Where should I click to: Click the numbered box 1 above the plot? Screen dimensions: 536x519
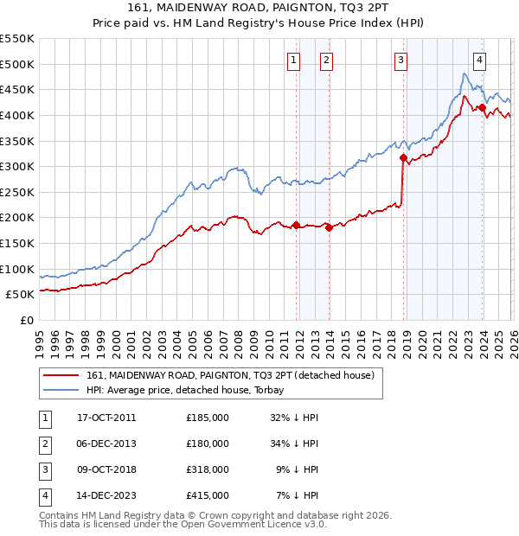[x=294, y=60]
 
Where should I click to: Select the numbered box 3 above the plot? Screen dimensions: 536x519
[x=401, y=60]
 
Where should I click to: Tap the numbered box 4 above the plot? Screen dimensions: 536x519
[x=479, y=60]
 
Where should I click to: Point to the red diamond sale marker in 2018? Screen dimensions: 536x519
[x=403, y=158]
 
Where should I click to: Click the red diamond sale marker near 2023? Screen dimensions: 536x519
[x=483, y=108]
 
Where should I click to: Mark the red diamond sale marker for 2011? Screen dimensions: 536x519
[x=296, y=226]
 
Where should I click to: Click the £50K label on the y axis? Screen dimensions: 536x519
[x=21, y=294]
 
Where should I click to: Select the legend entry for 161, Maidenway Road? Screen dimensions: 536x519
[x=229, y=375]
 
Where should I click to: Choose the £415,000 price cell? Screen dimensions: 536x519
[x=208, y=495]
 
